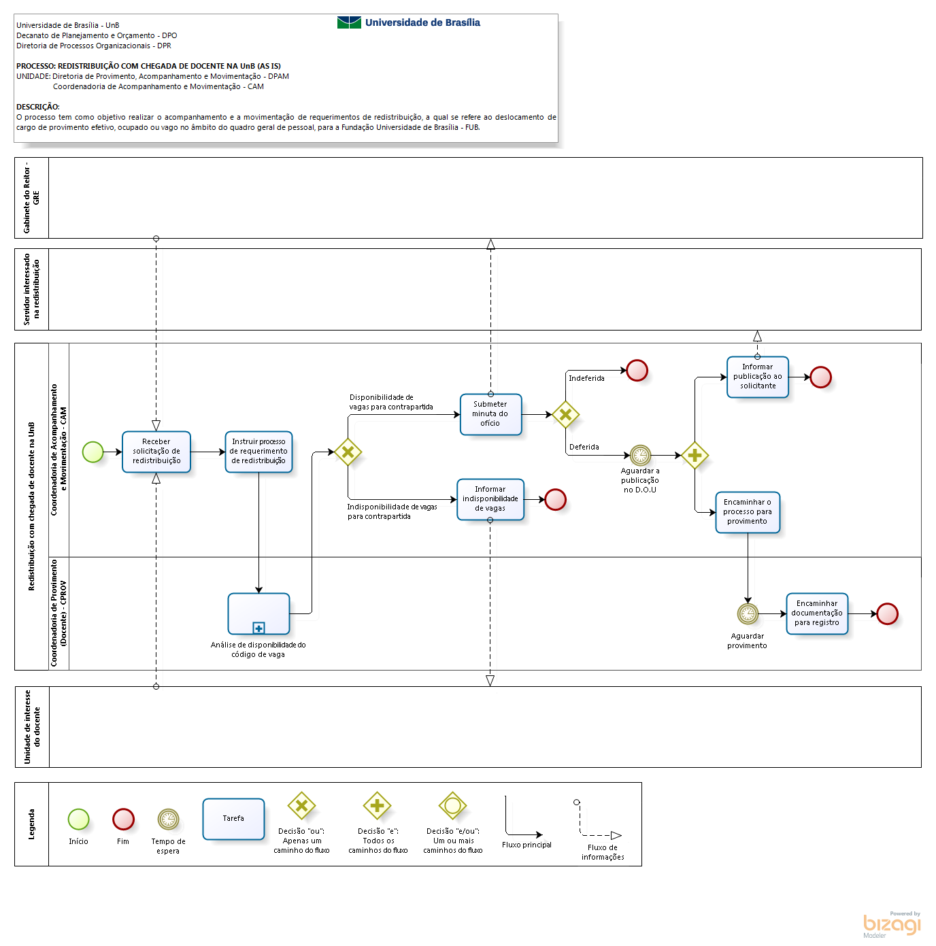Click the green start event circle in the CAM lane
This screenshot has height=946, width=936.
93,452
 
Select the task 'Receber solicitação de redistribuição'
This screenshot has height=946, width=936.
156,452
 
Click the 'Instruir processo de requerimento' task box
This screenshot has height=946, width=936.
258,452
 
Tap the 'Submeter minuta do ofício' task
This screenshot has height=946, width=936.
490,414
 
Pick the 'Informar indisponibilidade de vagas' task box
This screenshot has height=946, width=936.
490,499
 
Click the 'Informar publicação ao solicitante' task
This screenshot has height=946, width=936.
757,377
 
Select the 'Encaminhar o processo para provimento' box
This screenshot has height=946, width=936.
747,511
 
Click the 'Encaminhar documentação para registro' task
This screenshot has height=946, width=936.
817,613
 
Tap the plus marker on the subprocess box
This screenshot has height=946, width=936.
258,628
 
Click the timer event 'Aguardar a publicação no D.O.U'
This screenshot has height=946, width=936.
640,455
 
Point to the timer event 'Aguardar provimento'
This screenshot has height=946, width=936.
748,613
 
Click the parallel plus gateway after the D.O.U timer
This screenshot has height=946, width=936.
695,455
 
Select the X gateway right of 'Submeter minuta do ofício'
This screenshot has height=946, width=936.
565,414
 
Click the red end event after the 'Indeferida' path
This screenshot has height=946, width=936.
637,370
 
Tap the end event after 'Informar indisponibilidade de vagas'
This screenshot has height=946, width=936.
556,499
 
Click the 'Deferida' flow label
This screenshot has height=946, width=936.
584,447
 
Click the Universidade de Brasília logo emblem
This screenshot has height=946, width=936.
349,22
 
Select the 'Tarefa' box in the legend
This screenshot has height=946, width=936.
233,819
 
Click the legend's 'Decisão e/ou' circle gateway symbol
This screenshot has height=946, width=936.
452,806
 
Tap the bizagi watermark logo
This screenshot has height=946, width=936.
892,924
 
